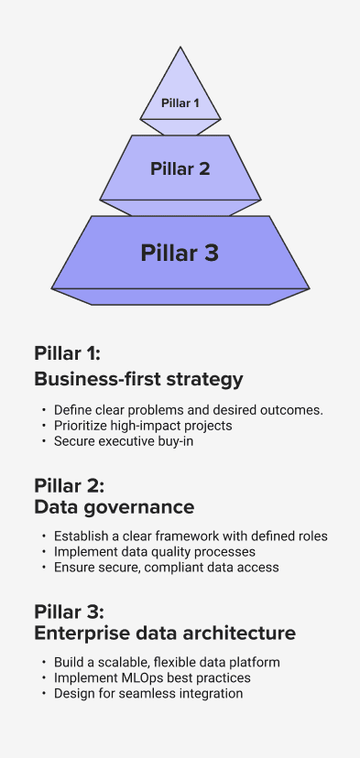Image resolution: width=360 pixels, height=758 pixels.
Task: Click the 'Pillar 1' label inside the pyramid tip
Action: [180, 103]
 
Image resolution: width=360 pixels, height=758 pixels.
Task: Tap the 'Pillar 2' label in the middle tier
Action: [180, 168]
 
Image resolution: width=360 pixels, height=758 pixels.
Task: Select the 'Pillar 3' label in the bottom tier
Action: [180, 253]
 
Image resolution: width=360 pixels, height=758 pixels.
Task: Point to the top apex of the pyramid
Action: [180, 47]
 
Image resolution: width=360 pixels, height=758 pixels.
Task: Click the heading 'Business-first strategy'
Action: [138, 380]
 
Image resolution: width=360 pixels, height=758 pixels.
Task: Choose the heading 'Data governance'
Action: [115, 506]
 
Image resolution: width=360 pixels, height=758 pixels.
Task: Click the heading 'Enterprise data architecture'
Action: [165, 633]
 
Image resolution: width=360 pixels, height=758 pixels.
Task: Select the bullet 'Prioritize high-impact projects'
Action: [143, 426]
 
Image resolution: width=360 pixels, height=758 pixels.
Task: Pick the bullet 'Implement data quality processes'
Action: [155, 552]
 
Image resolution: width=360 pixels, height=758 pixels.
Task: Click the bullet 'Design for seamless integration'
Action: [148, 693]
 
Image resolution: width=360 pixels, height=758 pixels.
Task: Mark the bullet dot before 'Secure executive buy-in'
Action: [44, 441]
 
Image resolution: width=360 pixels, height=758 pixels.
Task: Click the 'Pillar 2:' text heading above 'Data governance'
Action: [70, 485]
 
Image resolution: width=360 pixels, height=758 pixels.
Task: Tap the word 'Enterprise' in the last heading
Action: [82, 633]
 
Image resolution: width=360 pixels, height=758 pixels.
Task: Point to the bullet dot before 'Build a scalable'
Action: [44, 662]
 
